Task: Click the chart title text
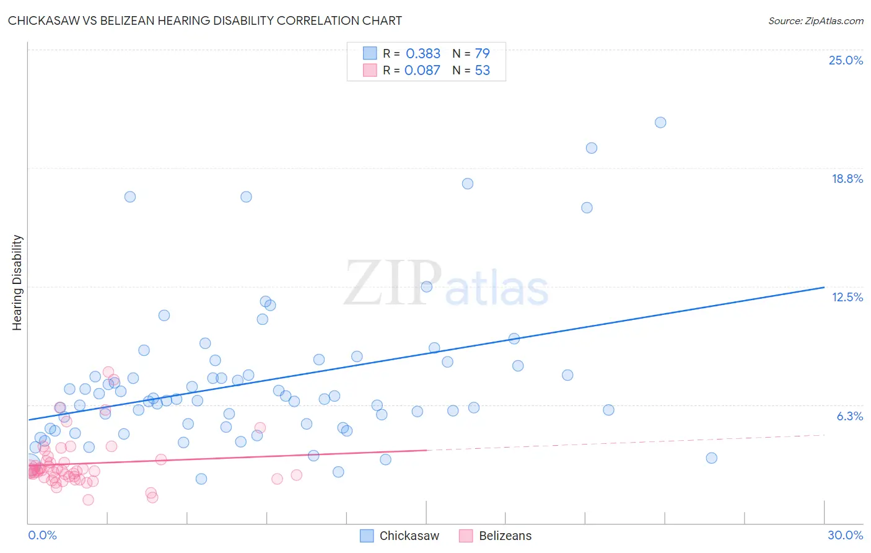click(204, 20)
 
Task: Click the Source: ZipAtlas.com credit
click(815, 20)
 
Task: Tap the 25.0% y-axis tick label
click(846, 60)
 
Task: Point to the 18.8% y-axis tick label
click(847, 179)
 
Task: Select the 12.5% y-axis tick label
click(847, 297)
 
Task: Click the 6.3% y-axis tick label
click(849, 416)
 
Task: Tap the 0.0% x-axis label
click(42, 535)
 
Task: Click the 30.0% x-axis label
click(845, 535)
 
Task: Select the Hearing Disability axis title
click(17, 282)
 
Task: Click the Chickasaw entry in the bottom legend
click(409, 536)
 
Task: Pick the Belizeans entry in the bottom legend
click(505, 536)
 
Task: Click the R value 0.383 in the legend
click(423, 54)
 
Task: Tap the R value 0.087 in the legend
click(422, 71)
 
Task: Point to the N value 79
click(482, 54)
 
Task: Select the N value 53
click(482, 71)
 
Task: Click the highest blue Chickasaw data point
click(660, 123)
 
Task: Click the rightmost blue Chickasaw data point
click(711, 458)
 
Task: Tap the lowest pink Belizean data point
click(88, 500)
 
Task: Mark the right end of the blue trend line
click(824, 287)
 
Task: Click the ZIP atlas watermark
click(446, 283)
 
